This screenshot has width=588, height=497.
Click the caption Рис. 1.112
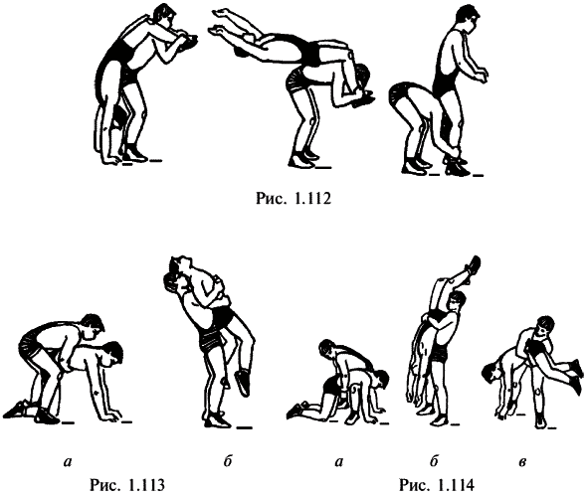tap(294, 199)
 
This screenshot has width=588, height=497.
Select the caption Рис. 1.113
tap(127, 485)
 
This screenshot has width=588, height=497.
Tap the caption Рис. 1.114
tap(437, 485)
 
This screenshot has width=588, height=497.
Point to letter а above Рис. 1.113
tap(68, 462)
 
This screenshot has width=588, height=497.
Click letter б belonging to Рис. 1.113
tap(228, 461)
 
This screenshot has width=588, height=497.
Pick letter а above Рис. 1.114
tap(339, 462)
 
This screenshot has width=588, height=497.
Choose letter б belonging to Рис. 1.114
tap(434, 461)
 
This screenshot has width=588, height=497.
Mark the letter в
tap(522, 462)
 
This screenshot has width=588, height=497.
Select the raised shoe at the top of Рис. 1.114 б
tap(473, 264)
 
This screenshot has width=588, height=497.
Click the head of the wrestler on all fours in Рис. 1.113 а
tap(112, 354)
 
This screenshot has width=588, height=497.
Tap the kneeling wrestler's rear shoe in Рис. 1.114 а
tap(295, 411)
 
